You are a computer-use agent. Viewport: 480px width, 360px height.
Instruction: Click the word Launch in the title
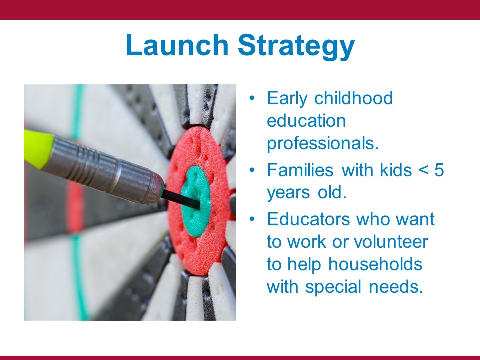click(177, 45)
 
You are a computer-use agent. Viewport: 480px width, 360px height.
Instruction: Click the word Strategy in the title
click(296, 47)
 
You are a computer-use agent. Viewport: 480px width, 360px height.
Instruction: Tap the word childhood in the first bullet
click(353, 98)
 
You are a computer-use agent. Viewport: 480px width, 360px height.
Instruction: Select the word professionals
click(323, 144)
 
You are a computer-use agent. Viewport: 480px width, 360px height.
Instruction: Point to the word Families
click(300, 170)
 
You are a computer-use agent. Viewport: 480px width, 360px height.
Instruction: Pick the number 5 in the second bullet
click(439, 170)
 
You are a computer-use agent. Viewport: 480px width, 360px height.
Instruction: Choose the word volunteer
click(391, 242)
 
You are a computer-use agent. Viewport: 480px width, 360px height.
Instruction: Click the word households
click(375, 264)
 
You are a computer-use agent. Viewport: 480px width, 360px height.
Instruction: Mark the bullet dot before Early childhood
click(252, 98)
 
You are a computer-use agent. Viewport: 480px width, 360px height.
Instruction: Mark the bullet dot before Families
click(252, 170)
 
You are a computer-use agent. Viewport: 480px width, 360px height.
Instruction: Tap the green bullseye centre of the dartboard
click(196, 201)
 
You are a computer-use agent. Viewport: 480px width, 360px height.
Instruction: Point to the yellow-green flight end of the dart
click(38, 149)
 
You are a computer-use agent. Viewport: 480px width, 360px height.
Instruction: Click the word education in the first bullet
click(306, 121)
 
